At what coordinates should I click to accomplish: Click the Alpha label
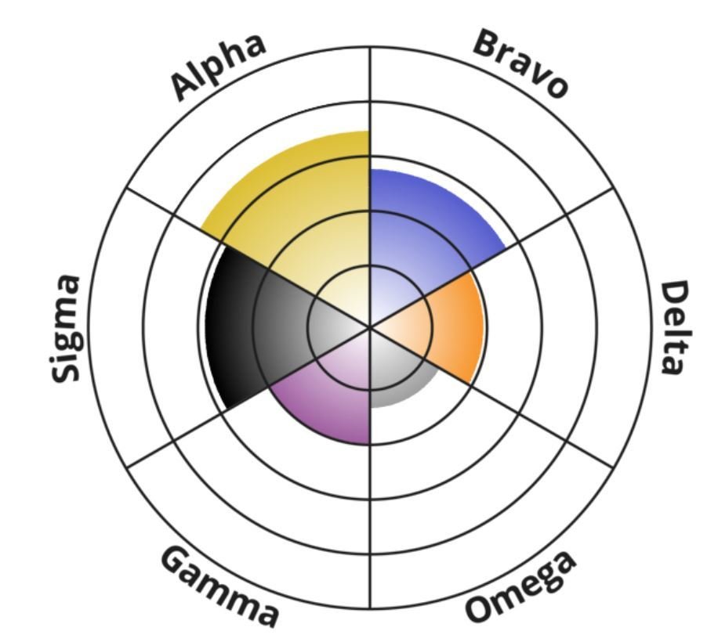(218, 67)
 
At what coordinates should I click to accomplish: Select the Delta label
(676, 328)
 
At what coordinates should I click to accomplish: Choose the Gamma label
(219, 586)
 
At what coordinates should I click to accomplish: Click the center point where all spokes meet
(370, 327)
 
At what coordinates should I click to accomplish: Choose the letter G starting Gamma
(176, 560)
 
